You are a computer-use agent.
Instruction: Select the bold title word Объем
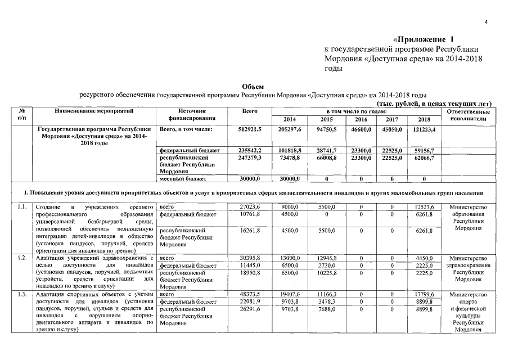click(x=253, y=86)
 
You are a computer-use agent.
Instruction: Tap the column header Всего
click(x=250, y=111)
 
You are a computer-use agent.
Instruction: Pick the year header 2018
click(x=424, y=119)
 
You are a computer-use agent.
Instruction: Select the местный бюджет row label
click(x=179, y=178)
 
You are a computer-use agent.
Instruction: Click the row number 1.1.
click(x=22, y=207)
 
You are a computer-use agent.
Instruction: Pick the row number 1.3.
click(x=22, y=294)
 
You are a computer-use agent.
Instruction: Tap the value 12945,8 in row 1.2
click(x=326, y=258)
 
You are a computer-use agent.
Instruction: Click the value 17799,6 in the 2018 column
click(x=424, y=294)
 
